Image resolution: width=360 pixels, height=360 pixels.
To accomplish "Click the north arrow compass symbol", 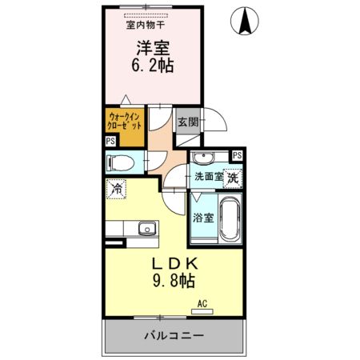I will pyautogui.click(x=244, y=20).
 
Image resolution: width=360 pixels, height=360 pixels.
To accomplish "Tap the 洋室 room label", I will pyautogui.click(x=150, y=48).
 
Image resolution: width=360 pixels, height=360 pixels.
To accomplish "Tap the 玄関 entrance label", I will pyautogui.click(x=188, y=122).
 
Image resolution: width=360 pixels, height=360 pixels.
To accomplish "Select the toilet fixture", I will pyautogui.click(x=121, y=162).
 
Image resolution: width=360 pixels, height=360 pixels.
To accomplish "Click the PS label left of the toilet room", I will pyautogui.click(x=110, y=142).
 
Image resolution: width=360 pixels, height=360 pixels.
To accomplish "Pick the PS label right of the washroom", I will pyautogui.click(x=237, y=155).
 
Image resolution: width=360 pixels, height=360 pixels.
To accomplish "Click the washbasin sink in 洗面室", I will pyautogui.click(x=205, y=157).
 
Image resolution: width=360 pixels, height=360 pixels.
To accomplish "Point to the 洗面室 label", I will pyautogui.click(x=206, y=177).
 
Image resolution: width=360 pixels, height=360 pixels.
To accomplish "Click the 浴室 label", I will pyautogui.click(x=202, y=217).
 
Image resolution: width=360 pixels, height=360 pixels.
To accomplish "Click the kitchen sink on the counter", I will pyautogui.click(x=146, y=230).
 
